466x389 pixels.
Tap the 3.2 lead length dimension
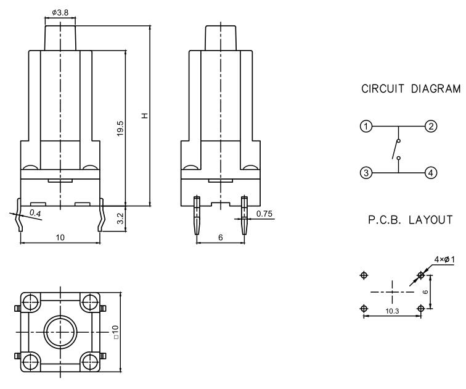(121, 217)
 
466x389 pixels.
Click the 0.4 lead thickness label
(35, 214)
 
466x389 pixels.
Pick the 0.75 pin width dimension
(264, 214)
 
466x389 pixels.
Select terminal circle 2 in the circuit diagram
(430, 127)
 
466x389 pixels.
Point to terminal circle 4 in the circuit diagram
(430, 174)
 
